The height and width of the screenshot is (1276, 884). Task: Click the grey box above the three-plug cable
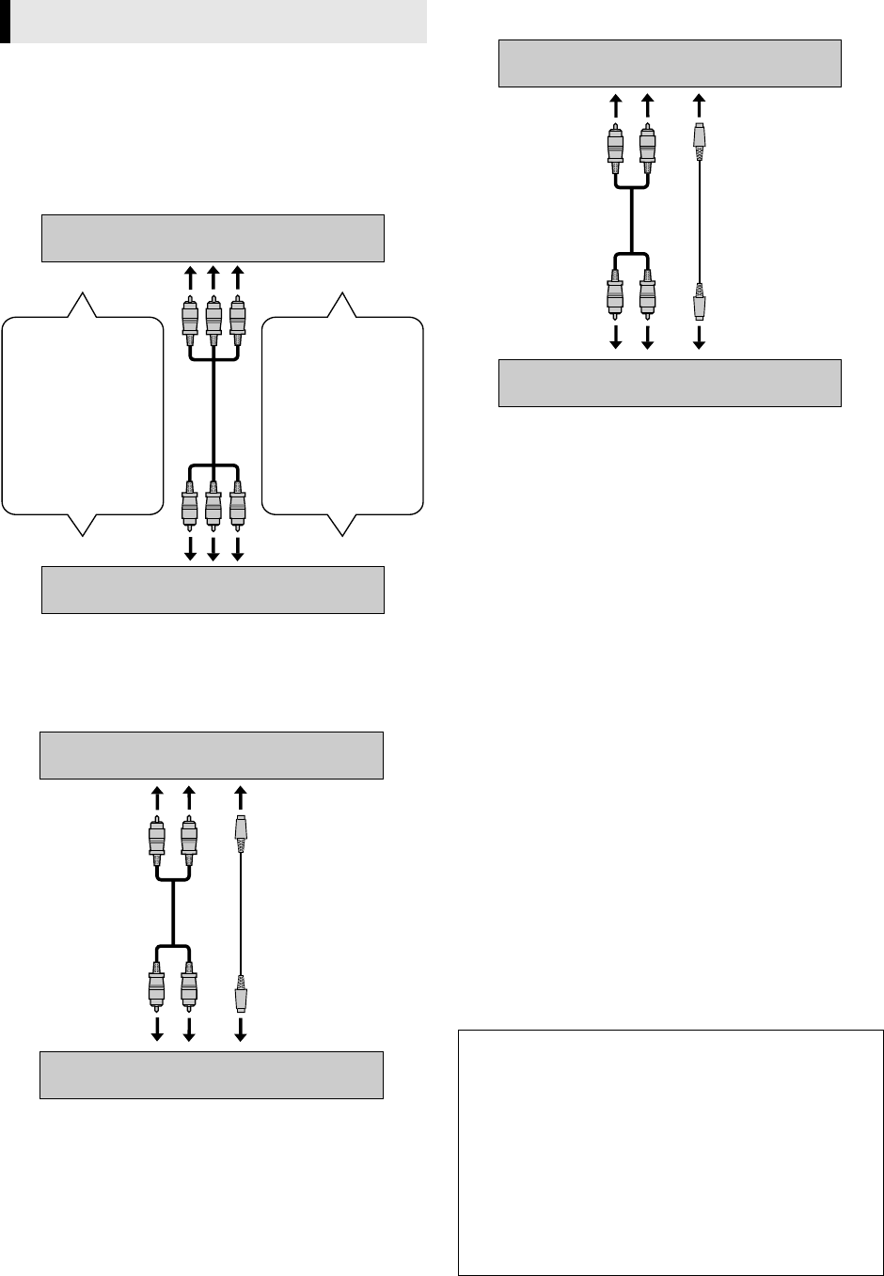coord(213,238)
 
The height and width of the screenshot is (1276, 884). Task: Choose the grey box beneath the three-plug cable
coord(213,590)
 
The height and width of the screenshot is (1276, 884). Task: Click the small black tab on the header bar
coord(5,22)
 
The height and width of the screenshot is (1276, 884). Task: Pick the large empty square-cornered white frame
coord(671,1152)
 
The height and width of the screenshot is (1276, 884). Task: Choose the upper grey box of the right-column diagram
coord(670,64)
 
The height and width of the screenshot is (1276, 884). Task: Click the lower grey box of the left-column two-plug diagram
coord(212,1075)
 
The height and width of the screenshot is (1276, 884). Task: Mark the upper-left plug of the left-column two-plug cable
coord(157,841)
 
